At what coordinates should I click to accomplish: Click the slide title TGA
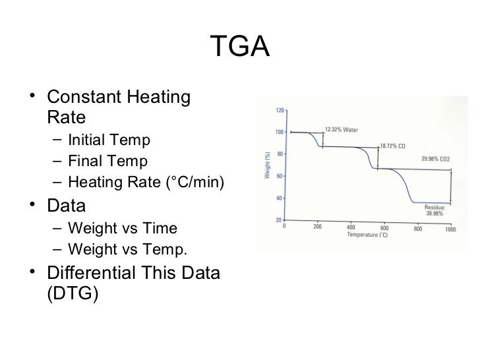pyautogui.click(x=240, y=47)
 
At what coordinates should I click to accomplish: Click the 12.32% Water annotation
pyautogui.click(x=341, y=129)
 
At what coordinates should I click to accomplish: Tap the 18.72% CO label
pyautogui.click(x=392, y=145)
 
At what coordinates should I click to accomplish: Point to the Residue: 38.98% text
pyautogui.click(x=435, y=210)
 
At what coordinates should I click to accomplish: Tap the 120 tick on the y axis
pyautogui.click(x=279, y=109)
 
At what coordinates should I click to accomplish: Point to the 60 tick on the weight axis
pyautogui.click(x=280, y=176)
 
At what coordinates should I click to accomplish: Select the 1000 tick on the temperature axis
pyautogui.click(x=451, y=228)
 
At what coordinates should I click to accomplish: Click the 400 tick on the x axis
pyautogui.click(x=351, y=228)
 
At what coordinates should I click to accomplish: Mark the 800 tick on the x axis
pyautogui.click(x=417, y=228)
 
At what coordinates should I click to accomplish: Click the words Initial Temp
pyautogui.click(x=109, y=140)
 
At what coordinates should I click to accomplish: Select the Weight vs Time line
pyautogui.click(x=122, y=228)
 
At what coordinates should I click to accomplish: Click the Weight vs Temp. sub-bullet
pyautogui.click(x=127, y=249)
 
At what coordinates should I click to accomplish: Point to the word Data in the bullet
pyautogui.click(x=67, y=205)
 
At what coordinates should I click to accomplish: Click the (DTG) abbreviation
pyautogui.click(x=73, y=293)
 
